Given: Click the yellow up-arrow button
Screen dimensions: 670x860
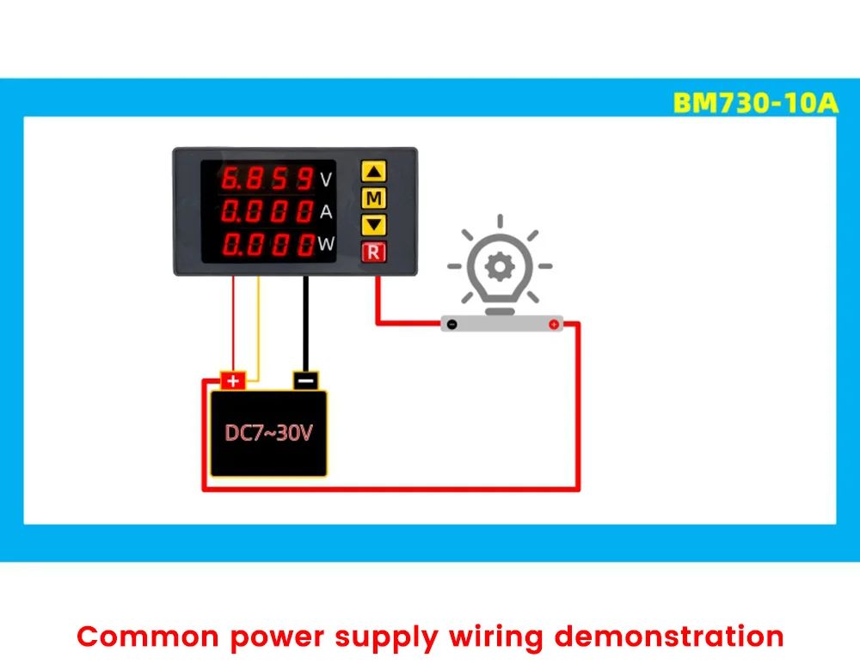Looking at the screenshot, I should tap(373, 171).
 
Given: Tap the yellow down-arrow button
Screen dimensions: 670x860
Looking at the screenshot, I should tap(373, 225).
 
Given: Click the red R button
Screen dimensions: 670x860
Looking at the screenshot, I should tap(373, 252).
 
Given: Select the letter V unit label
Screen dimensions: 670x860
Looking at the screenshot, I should tap(325, 180).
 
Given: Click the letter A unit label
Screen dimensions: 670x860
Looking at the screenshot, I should tap(325, 212).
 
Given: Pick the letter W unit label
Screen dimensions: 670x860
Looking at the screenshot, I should tap(326, 244).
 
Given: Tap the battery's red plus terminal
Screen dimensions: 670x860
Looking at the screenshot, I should tap(233, 380).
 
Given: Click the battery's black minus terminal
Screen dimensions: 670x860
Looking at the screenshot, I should tap(306, 380).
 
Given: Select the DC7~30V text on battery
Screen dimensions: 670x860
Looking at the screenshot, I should tap(268, 432).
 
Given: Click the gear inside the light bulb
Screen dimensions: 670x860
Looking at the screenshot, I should tap(498, 267).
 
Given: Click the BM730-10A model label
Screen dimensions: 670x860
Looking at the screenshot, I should tap(755, 103).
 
